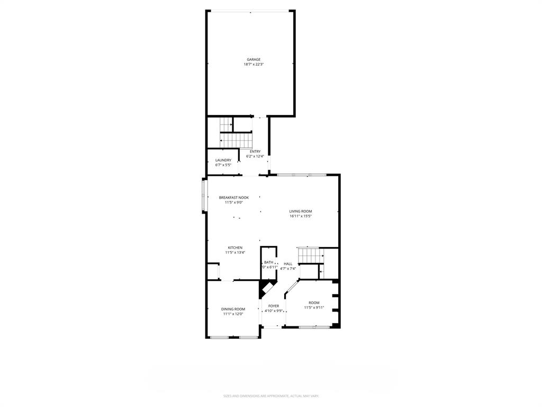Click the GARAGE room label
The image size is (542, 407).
click(254, 59)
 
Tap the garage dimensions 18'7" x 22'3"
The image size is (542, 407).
click(254, 65)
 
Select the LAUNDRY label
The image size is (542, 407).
click(223, 160)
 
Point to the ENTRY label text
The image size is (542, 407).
click(255, 152)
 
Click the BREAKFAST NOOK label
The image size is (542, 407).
click(233, 198)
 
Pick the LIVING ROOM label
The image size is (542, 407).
click(301, 211)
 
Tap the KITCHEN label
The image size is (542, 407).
click(235, 247)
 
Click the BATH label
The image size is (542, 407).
click(269, 262)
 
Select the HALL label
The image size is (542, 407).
click(288, 264)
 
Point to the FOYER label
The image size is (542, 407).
click(274, 306)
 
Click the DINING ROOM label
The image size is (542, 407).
click(233, 309)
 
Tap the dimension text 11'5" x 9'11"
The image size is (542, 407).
click(314, 307)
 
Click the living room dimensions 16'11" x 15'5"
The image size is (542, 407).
click(301, 216)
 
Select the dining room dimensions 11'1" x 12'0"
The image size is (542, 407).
click(233, 314)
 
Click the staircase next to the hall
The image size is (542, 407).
click(310, 256)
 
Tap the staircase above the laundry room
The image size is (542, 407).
click(237, 140)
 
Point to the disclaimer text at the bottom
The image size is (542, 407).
click(271, 396)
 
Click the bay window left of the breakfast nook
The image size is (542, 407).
click(203, 196)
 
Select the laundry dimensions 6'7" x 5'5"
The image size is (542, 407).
click(223, 165)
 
